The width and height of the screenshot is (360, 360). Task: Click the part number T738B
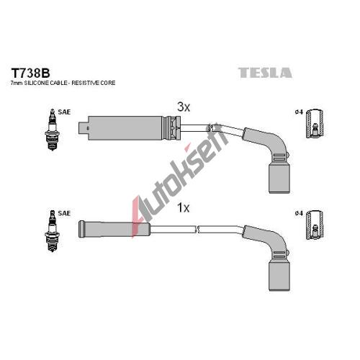tap(30, 73)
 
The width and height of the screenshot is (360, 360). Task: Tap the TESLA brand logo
tap(265, 73)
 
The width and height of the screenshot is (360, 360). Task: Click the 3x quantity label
tap(184, 107)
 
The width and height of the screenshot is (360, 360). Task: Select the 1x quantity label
tap(183, 208)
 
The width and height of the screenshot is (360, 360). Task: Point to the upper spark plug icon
tap(53, 130)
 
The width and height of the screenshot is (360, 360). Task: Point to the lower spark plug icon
tap(53, 231)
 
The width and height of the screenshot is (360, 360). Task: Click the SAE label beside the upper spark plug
tap(64, 112)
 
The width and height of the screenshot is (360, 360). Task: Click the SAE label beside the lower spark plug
tap(64, 213)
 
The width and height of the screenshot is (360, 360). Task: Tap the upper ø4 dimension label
tap(299, 112)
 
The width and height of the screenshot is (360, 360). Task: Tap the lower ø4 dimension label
tap(299, 213)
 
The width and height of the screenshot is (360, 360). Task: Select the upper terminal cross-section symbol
tap(315, 123)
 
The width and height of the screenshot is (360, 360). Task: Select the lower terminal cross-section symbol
tap(315, 225)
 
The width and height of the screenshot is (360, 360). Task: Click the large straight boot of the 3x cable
tap(125, 128)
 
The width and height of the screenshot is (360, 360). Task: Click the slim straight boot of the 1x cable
tap(114, 229)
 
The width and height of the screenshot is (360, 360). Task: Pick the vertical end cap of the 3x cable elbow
tap(279, 179)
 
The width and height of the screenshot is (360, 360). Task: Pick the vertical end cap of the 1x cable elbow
tap(279, 276)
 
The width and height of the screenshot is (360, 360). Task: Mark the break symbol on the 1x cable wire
tap(197, 230)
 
